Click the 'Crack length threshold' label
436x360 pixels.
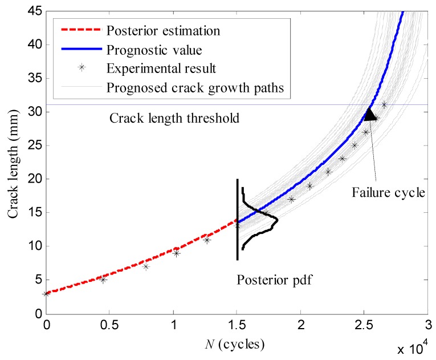(173, 119)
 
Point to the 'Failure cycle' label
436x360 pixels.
(389, 192)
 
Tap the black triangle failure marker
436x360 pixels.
(370, 115)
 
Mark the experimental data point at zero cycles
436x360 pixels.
(46, 293)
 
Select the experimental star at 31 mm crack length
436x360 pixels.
(384, 104)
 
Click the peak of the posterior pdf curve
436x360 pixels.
(276, 219)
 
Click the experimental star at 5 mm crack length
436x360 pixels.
(103, 280)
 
